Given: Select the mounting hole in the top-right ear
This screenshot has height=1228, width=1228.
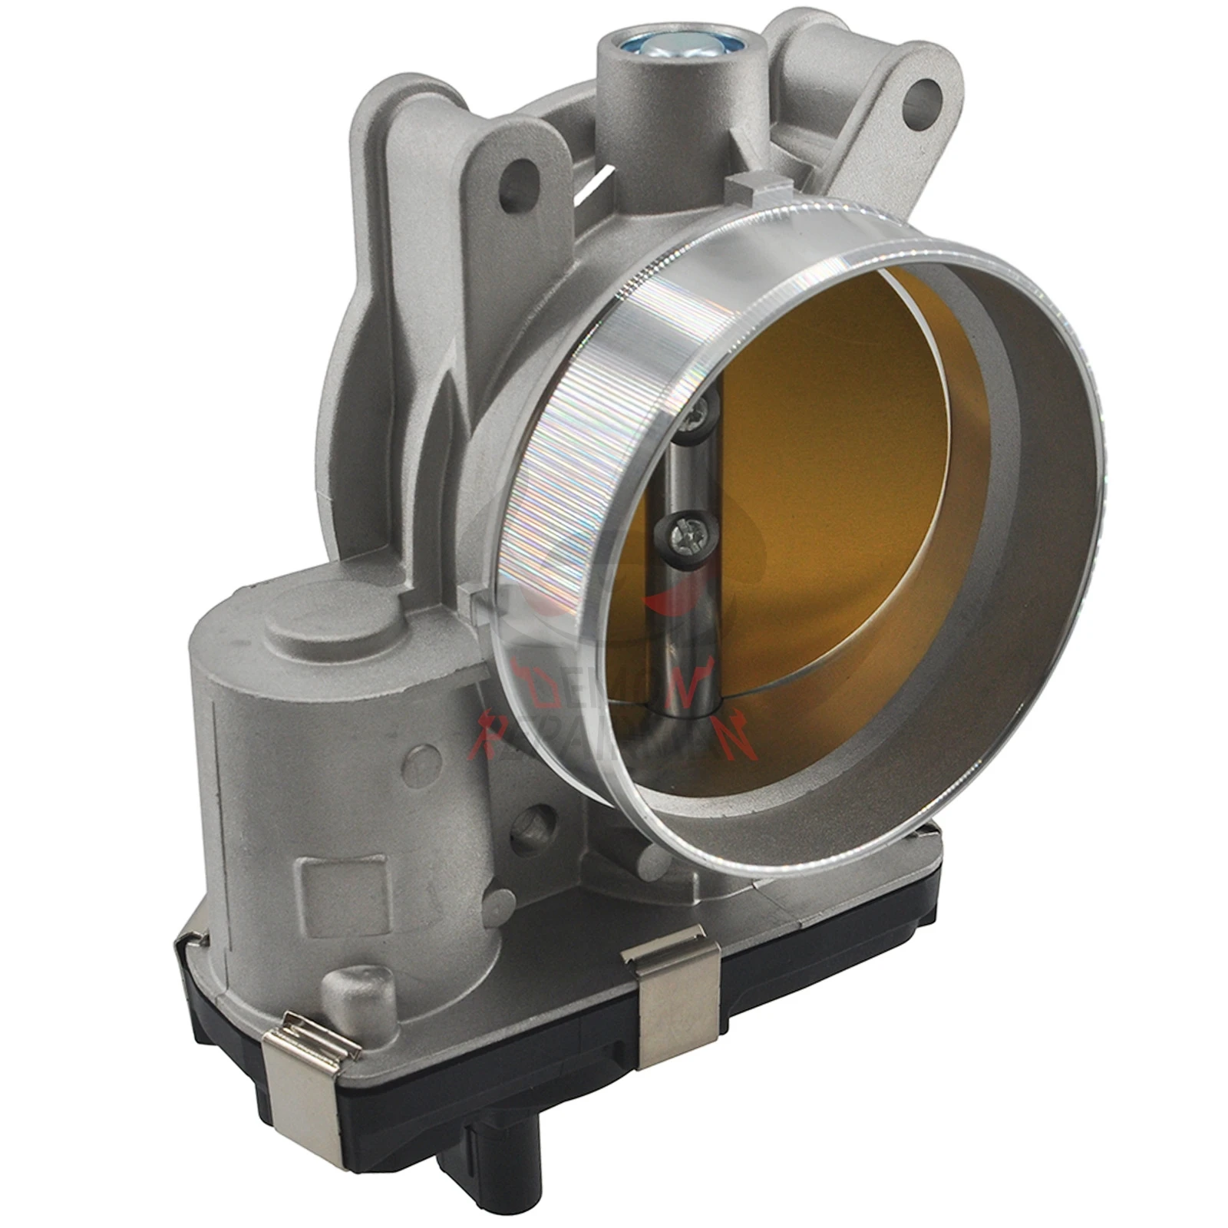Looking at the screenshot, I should (919, 99).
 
